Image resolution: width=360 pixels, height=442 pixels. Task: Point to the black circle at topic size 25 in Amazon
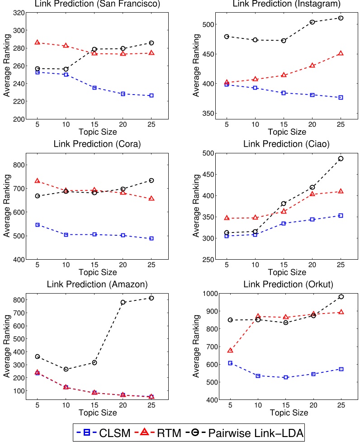[x=151, y=298]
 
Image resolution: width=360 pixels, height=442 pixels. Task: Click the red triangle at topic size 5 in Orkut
[x=230, y=351]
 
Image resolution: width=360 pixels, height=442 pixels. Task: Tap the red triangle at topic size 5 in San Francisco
[x=38, y=43]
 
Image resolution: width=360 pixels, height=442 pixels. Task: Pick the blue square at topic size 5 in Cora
[x=38, y=225]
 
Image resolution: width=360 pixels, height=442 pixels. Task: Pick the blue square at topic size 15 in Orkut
[x=285, y=377]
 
